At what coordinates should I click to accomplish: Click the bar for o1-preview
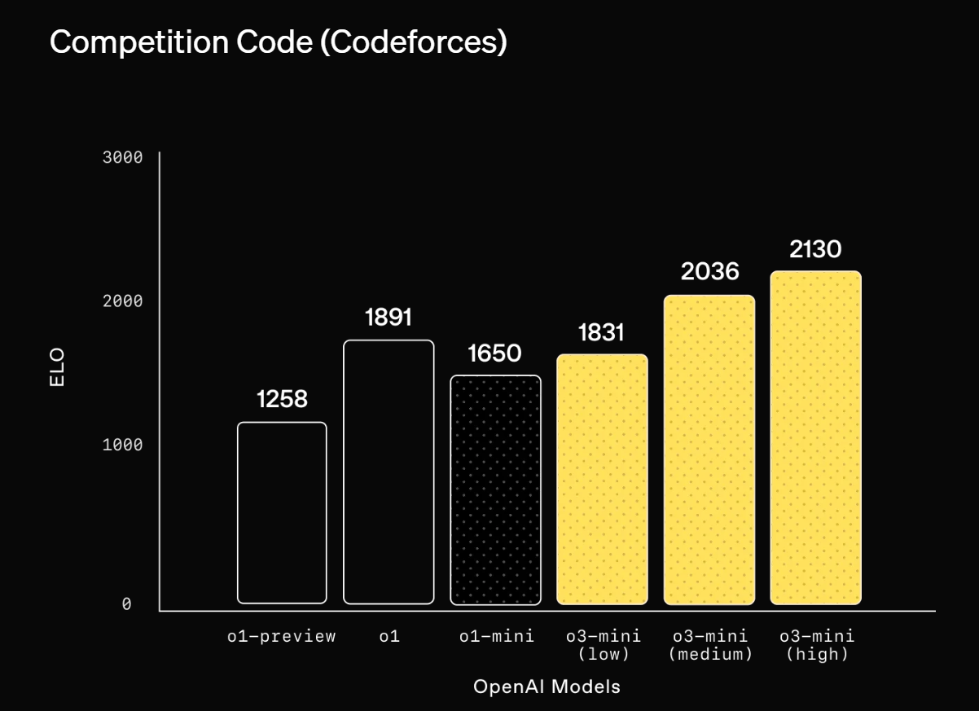[282, 512]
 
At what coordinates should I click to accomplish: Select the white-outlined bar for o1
[389, 472]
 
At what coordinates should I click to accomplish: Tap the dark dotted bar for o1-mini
[495, 489]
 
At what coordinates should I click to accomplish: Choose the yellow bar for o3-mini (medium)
[709, 450]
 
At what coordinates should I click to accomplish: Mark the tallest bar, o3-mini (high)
[815, 437]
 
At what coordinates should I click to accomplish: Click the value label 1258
[282, 399]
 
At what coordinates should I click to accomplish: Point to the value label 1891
[389, 317]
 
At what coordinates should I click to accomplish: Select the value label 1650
[494, 353]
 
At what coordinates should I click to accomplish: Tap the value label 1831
[601, 332]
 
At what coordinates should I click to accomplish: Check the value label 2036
[709, 271]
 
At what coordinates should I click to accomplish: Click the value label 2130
[815, 248]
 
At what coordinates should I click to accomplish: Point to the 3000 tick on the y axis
[122, 157]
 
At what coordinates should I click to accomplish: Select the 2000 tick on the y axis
[122, 301]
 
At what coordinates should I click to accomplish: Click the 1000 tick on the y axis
[122, 445]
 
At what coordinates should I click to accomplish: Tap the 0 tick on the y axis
[127, 604]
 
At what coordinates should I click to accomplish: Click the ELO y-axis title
[57, 367]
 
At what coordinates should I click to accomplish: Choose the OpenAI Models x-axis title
[547, 686]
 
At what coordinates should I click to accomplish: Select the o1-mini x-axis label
[496, 636]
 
